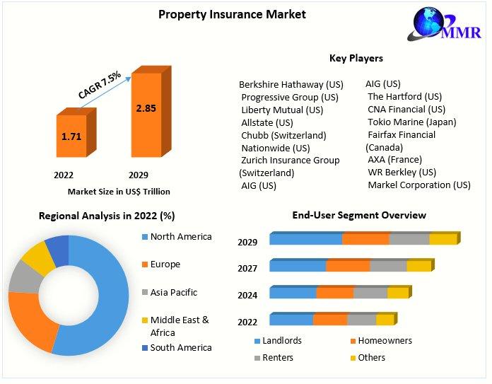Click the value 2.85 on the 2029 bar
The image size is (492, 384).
[x=146, y=108]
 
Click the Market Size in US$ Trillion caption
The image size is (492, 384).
[x=119, y=191]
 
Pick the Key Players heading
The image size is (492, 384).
[x=356, y=58]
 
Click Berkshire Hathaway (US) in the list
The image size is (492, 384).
[x=291, y=84]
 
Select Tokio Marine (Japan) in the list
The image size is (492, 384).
[x=411, y=122]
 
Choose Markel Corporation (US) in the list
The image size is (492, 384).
[x=418, y=185]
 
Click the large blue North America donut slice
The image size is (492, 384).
[x=106, y=297]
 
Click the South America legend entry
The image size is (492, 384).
[x=180, y=347]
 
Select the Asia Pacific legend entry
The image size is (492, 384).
[x=173, y=292]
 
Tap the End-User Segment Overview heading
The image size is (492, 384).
[x=359, y=215]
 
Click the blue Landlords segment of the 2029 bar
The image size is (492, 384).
[x=305, y=239]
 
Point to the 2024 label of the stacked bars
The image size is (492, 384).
[x=247, y=294]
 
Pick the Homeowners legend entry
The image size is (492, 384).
[x=385, y=341]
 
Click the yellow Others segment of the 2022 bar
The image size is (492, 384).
[x=385, y=320]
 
